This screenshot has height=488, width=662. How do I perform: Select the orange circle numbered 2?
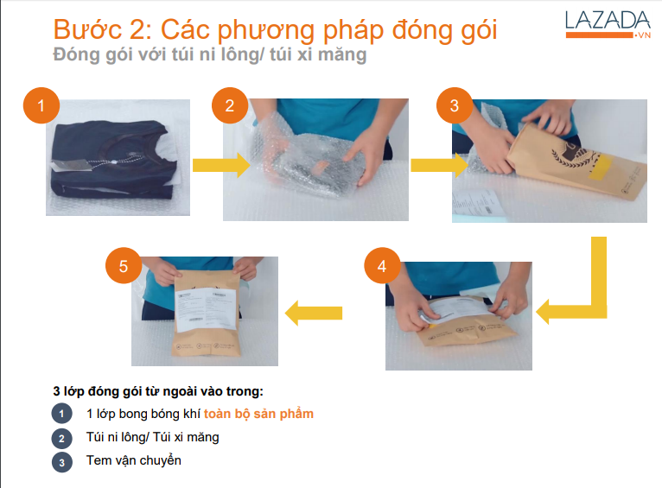(x=229, y=106)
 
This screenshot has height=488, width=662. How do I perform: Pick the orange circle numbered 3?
(x=454, y=106)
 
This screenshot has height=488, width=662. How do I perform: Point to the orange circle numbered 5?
(x=124, y=266)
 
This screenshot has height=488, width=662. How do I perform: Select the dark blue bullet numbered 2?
(x=62, y=438)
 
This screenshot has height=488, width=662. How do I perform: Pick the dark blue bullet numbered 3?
(x=62, y=462)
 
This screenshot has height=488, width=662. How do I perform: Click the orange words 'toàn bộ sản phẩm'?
(x=258, y=414)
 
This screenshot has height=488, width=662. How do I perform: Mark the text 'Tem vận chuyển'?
(x=133, y=460)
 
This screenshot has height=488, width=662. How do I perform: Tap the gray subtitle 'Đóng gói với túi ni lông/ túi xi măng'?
(x=209, y=55)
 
